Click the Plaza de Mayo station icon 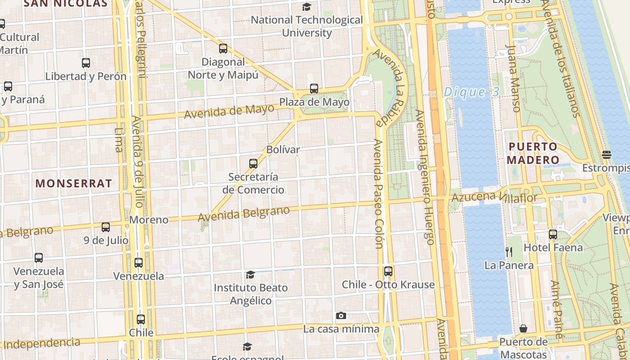(x=314, y=89)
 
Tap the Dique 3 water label (x=471, y=92)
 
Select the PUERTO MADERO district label (x=533, y=153)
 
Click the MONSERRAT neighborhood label (x=73, y=183)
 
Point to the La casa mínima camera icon (x=341, y=316)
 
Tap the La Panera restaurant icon (x=509, y=252)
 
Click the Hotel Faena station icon (x=553, y=234)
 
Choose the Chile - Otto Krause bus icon (x=388, y=271)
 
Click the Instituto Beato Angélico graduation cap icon (x=250, y=274)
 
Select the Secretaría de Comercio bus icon (x=253, y=164)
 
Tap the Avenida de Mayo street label (x=229, y=111)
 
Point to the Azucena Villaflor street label (x=494, y=197)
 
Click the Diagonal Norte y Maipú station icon (x=223, y=49)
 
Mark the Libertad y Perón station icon (x=86, y=63)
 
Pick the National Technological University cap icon (x=307, y=7)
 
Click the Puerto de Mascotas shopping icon (x=523, y=329)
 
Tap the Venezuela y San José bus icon (x=39, y=258)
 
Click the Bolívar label (x=283, y=149)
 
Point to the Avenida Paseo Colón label (x=378, y=193)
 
